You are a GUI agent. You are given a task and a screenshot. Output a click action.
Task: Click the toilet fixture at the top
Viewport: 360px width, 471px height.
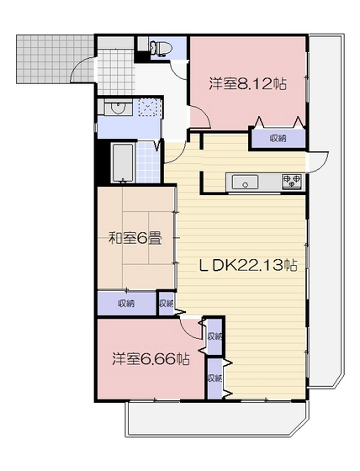coord(159,45)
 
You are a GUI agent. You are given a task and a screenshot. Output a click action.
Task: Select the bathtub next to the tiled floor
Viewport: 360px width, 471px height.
coord(124,161)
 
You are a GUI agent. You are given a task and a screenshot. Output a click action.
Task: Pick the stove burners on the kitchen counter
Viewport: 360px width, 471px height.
coord(292,181)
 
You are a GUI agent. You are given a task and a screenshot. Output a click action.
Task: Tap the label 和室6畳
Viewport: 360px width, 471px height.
coord(135,237)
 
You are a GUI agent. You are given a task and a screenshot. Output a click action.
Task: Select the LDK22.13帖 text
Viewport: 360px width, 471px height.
coord(247,265)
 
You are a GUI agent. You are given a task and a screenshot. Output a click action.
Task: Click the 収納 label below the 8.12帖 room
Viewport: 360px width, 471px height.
coord(278,137)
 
